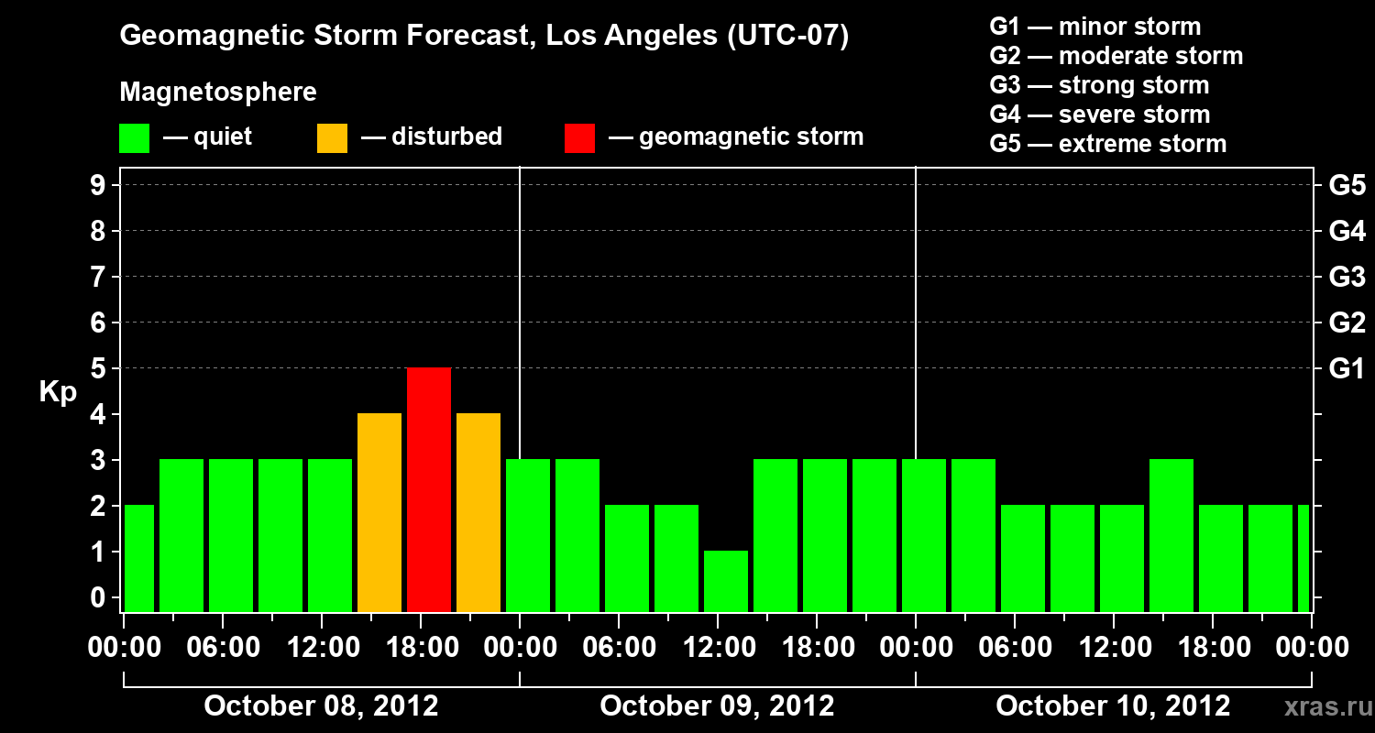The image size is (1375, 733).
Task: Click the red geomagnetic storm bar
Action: point(429,489)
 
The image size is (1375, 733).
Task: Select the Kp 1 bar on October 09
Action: point(726,581)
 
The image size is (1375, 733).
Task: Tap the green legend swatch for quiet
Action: point(134,137)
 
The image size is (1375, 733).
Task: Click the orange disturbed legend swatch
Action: point(332,137)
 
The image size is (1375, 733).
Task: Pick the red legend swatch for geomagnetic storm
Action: point(579,137)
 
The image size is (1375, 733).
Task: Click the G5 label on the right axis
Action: point(1347,185)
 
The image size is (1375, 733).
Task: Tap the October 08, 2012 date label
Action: point(321,706)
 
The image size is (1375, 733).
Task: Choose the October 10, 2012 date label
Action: point(1113,706)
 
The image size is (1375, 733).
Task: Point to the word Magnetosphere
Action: point(218,93)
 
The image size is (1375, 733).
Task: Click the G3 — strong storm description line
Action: point(1099,85)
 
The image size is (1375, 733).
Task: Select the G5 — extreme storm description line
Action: point(1107,144)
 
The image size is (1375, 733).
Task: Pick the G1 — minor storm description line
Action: point(1095,27)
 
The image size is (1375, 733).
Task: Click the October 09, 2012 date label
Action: point(717,706)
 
